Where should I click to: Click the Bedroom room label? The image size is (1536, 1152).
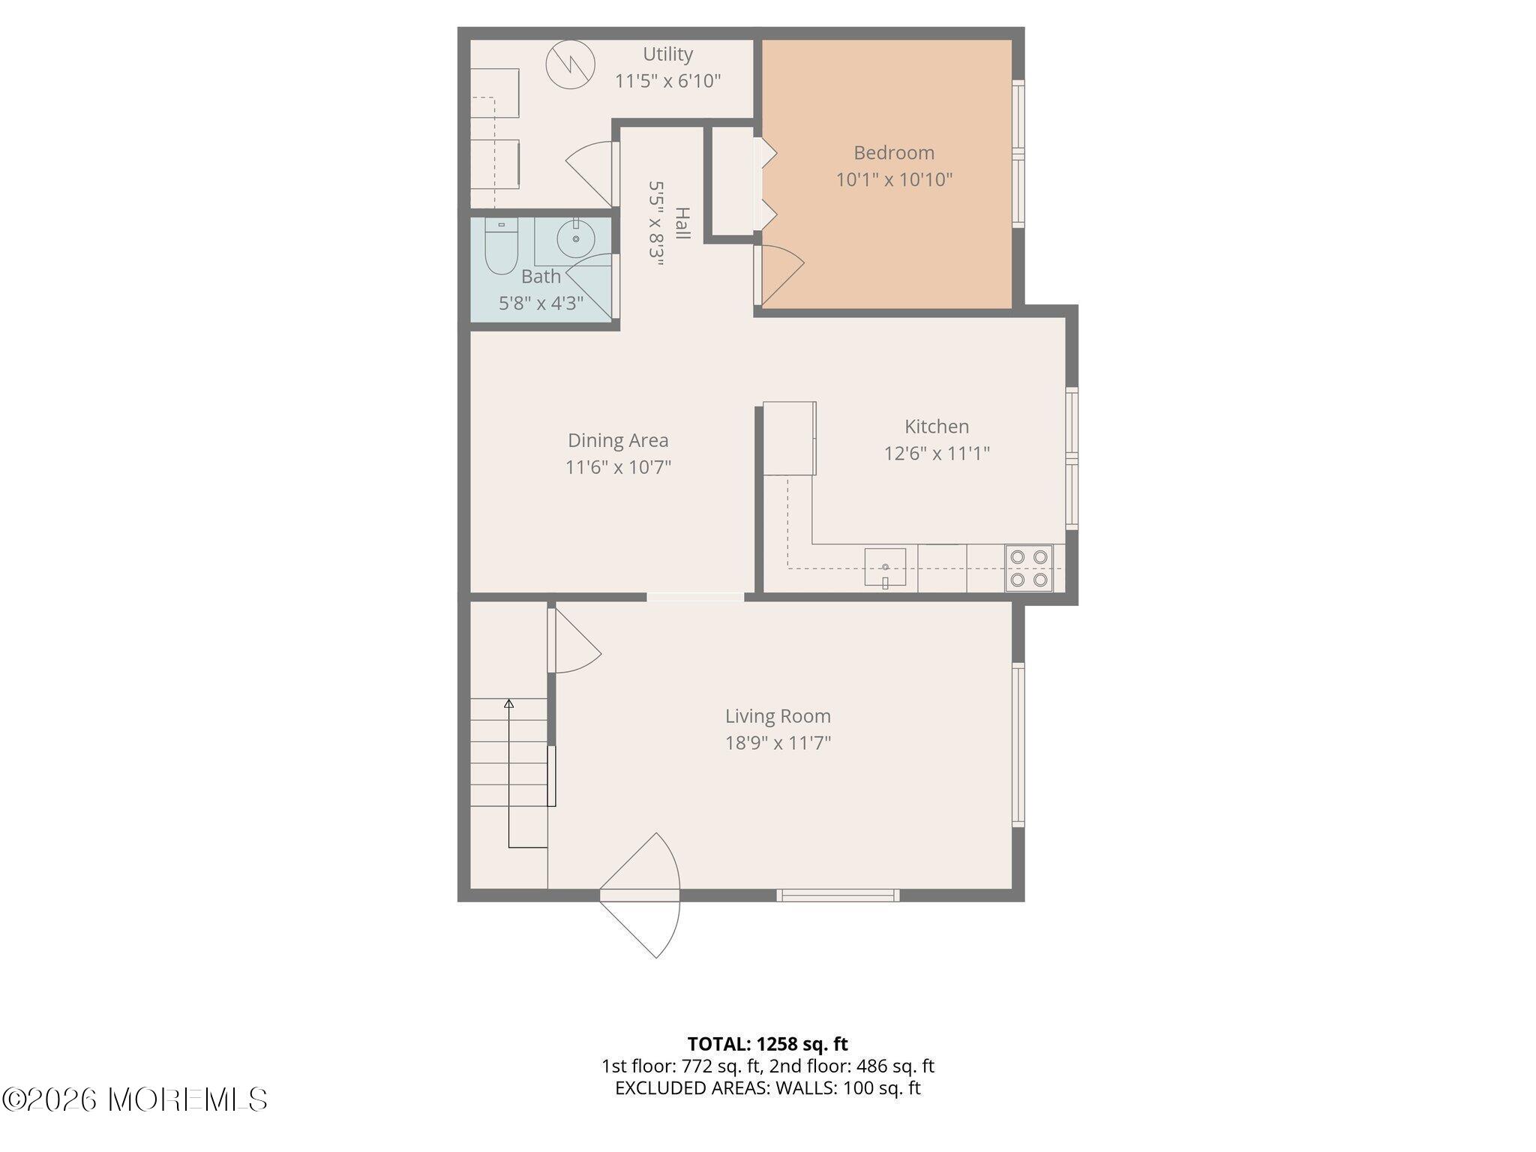(x=894, y=153)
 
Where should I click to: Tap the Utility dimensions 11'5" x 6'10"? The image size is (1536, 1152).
(x=668, y=81)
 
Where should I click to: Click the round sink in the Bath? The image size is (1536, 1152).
(x=576, y=238)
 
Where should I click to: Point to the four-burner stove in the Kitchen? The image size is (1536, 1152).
(x=1029, y=568)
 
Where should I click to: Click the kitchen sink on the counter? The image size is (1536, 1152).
(x=885, y=567)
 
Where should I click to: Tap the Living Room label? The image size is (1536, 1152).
(x=778, y=716)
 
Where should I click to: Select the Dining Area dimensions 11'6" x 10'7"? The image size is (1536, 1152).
(x=618, y=467)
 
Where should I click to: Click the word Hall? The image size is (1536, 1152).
(x=682, y=223)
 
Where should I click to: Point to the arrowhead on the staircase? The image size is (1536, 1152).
(x=509, y=703)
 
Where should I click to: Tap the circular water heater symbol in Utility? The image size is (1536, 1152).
(x=570, y=64)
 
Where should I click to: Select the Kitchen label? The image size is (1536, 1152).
(x=937, y=427)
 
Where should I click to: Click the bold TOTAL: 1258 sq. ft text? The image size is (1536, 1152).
(x=768, y=1044)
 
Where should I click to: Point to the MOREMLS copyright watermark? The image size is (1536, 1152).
(x=135, y=1099)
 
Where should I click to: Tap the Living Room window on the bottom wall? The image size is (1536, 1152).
(x=838, y=895)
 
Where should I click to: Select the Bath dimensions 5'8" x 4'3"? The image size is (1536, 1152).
(x=541, y=304)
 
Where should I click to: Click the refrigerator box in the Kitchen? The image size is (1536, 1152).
(x=790, y=439)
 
